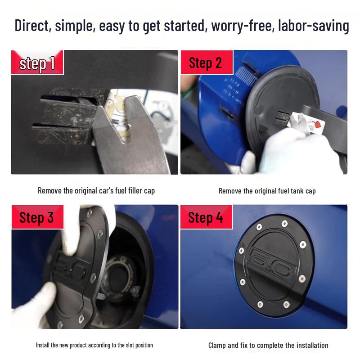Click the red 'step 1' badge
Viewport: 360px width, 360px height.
tap(37, 62)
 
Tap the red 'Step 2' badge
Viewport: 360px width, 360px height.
tap(207, 62)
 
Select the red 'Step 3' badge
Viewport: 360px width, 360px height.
tap(37, 217)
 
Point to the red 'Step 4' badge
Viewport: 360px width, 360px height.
tap(207, 217)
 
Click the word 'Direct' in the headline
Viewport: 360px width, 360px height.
tap(33, 26)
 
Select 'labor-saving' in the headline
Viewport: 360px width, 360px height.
tap(313, 26)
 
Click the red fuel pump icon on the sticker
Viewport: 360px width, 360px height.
tap(318, 125)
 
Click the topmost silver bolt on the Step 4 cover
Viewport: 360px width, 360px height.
tap(284, 223)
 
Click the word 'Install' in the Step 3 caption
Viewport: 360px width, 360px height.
tap(43, 345)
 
